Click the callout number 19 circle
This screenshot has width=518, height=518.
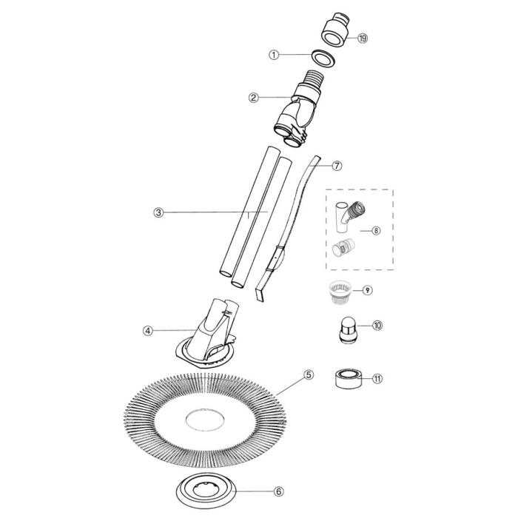click(x=363, y=38)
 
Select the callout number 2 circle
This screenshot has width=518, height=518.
click(x=253, y=97)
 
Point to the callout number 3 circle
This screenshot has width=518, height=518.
click(x=158, y=212)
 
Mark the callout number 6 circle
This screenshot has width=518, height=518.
click(x=258, y=491)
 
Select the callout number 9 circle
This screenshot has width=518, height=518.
click(x=367, y=290)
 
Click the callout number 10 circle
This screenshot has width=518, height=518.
click(x=377, y=326)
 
